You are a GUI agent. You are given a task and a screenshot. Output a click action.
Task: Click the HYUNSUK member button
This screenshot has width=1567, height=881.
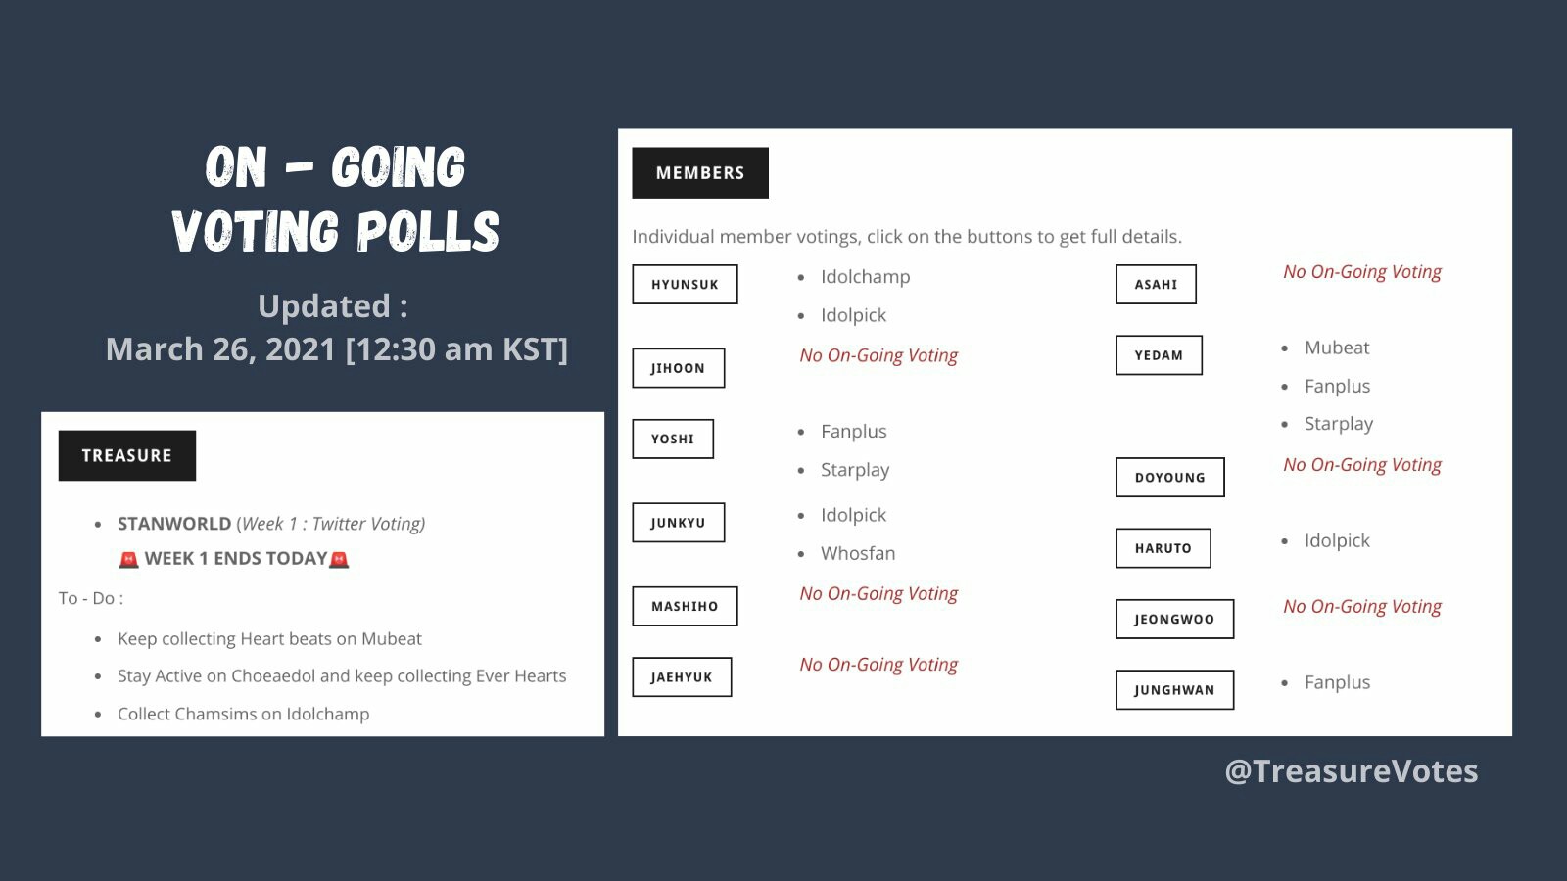[x=685, y=285]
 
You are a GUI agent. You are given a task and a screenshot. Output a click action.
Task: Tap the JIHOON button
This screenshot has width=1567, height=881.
[x=679, y=368]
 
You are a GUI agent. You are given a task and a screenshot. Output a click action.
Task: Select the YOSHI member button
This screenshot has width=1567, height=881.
[x=673, y=440]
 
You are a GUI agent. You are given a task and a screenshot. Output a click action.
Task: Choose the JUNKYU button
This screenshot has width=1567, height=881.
[x=679, y=523]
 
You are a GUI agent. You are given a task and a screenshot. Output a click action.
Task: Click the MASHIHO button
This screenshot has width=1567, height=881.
[x=685, y=606]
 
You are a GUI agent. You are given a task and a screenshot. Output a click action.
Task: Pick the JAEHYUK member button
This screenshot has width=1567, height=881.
[x=682, y=676]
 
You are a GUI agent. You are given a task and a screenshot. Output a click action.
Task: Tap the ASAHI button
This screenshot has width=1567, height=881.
[x=1157, y=285]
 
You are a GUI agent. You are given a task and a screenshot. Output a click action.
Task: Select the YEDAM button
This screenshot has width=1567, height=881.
[x=1160, y=355]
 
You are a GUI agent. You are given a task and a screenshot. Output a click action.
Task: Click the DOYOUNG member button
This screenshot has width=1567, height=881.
[x=1170, y=478]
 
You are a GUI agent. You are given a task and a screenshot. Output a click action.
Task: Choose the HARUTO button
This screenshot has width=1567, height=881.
[x=1163, y=548]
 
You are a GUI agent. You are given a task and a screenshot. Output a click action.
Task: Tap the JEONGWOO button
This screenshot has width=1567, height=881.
[x=1175, y=619]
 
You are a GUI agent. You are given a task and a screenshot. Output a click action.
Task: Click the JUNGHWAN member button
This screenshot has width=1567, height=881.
[x=1175, y=690]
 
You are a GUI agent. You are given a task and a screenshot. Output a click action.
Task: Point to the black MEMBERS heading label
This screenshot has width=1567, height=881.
[x=700, y=172]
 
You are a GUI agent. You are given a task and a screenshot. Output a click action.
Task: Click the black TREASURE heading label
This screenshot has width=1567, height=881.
[x=127, y=456]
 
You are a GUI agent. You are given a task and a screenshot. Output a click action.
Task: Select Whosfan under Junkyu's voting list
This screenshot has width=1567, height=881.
[x=858, y=553]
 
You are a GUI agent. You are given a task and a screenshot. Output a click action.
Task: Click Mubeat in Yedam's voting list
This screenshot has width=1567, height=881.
[x=1337, y=348]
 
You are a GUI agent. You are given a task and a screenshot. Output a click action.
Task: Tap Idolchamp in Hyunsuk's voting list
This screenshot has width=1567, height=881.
[x=866, y=277]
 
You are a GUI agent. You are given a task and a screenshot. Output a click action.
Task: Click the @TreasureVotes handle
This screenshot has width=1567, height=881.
[x=1352, y=771]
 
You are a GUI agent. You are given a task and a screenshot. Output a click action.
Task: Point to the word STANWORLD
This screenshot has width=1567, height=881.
[x=174, y=524]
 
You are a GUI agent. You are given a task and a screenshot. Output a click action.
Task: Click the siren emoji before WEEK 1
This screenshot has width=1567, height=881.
[x=128, y=559]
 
